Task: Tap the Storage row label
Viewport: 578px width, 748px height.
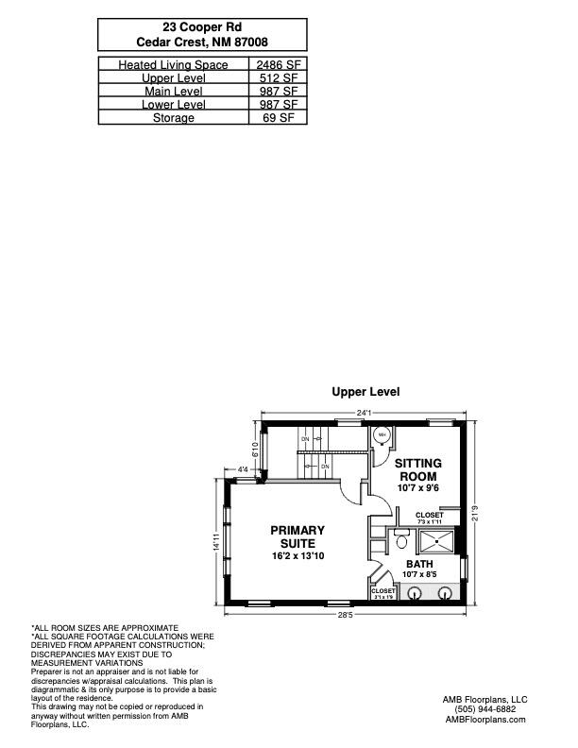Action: tap(174, 118)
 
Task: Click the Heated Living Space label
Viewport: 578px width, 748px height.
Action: tap(174, 64)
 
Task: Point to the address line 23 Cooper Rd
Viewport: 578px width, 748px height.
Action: tap(202, 28)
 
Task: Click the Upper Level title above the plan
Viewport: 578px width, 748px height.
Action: tap(365, 391)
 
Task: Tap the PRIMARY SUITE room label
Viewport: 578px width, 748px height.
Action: tap(297, 536)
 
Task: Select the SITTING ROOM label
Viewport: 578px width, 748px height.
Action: tap(416, 469)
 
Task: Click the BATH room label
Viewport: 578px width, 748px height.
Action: tap(419, 564)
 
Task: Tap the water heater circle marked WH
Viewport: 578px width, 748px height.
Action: tap(382, 435)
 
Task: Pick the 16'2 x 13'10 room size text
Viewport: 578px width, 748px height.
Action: tap(297, 556)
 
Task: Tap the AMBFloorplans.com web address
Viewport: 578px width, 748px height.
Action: tap(485, 719)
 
